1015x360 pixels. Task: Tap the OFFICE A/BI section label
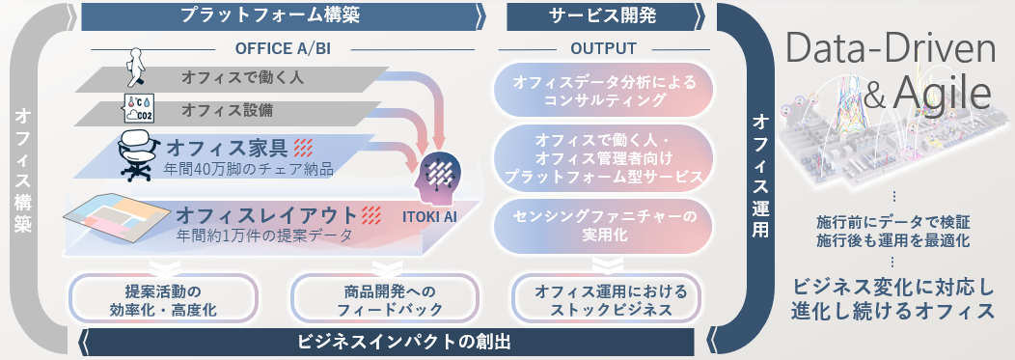[x=283, y=49]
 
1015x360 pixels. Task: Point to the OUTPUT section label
[x=603, y=49]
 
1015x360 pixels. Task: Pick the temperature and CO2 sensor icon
[x=138, y=108]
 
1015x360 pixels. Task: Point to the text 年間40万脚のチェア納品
[x=248, y=170]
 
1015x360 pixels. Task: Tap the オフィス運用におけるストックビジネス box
[x=602, y=298]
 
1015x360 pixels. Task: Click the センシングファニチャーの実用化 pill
[x=602, y=225]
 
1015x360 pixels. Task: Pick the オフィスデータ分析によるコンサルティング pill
[x=602, y=92]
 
